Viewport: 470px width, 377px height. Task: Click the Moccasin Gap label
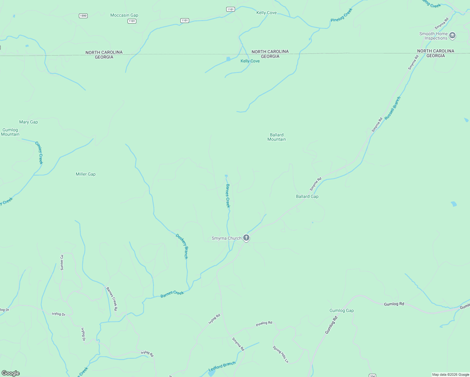(124, 15)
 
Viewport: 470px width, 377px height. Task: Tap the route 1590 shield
(83, 16)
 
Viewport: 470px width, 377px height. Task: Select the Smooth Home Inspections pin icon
(452, 36)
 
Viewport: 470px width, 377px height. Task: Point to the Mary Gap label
(29, 122)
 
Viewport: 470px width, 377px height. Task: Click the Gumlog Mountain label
(10, 132)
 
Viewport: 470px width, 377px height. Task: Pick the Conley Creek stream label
(39, 153)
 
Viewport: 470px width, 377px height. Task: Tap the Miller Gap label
(85, 174)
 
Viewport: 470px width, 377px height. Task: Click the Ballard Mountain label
(276, 137)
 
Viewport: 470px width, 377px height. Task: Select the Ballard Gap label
(307, 196)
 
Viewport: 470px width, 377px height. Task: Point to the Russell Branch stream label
(393, 108)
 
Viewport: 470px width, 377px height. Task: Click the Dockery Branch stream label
(182, 246)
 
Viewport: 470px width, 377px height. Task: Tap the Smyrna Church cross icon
(246, 238)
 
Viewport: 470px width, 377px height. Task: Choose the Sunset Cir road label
(62, 262)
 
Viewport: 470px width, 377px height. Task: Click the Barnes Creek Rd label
(112, 299)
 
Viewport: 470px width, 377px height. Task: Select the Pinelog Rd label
(264, 323)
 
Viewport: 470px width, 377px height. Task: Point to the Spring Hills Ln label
(280, 354)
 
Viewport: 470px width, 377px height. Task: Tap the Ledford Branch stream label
(222, 366)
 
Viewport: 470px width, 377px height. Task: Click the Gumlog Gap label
(342, 310)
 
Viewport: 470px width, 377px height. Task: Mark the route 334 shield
(372, 375)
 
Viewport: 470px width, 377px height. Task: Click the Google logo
(11, 373)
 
